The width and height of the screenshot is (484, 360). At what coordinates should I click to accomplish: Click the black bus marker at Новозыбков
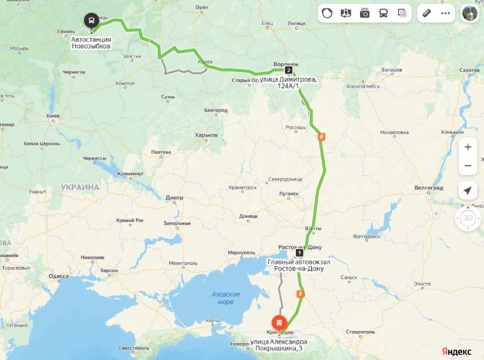91,21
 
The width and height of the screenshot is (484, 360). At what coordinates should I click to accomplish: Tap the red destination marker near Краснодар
279,323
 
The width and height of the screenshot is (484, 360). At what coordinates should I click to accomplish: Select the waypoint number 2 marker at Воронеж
289,70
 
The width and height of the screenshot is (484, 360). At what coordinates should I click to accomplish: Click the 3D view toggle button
468,218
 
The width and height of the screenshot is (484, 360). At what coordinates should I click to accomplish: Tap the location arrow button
468,191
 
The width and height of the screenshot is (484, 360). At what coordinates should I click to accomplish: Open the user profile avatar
469,13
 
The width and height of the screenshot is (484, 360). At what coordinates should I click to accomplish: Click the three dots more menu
445,13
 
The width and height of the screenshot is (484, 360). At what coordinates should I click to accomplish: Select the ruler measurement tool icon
427,13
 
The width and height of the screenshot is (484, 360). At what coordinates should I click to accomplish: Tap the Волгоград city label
429,188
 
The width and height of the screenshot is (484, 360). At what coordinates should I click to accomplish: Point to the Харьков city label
206,135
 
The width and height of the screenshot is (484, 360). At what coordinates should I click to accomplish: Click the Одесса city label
59,276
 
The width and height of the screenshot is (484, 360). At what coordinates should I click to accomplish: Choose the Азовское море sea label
226,298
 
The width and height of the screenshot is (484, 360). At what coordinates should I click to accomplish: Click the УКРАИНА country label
80,188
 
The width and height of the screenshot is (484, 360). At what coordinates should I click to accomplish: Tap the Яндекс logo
456,351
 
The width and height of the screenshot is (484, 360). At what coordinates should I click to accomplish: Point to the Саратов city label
469,70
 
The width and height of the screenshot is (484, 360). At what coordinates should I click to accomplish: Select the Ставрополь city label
360,332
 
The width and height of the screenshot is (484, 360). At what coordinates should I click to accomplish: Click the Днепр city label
174,197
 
